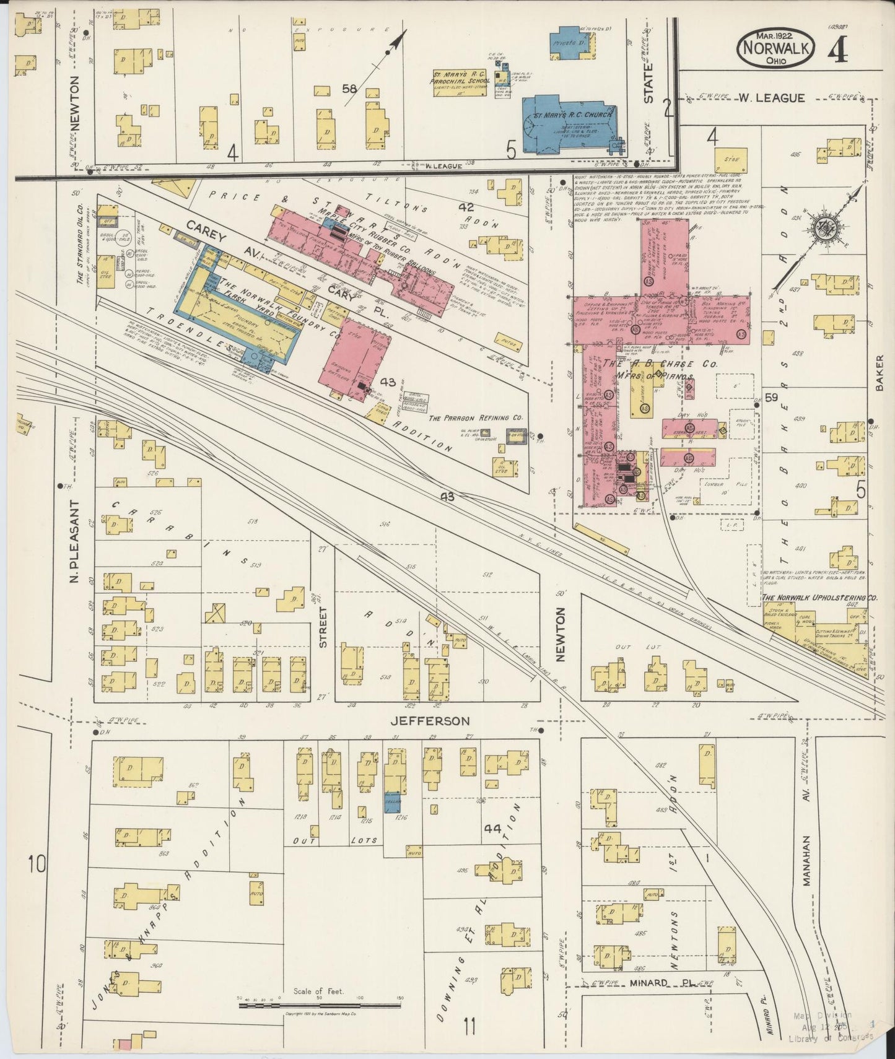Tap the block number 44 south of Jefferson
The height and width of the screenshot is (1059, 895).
click(493, 828)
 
